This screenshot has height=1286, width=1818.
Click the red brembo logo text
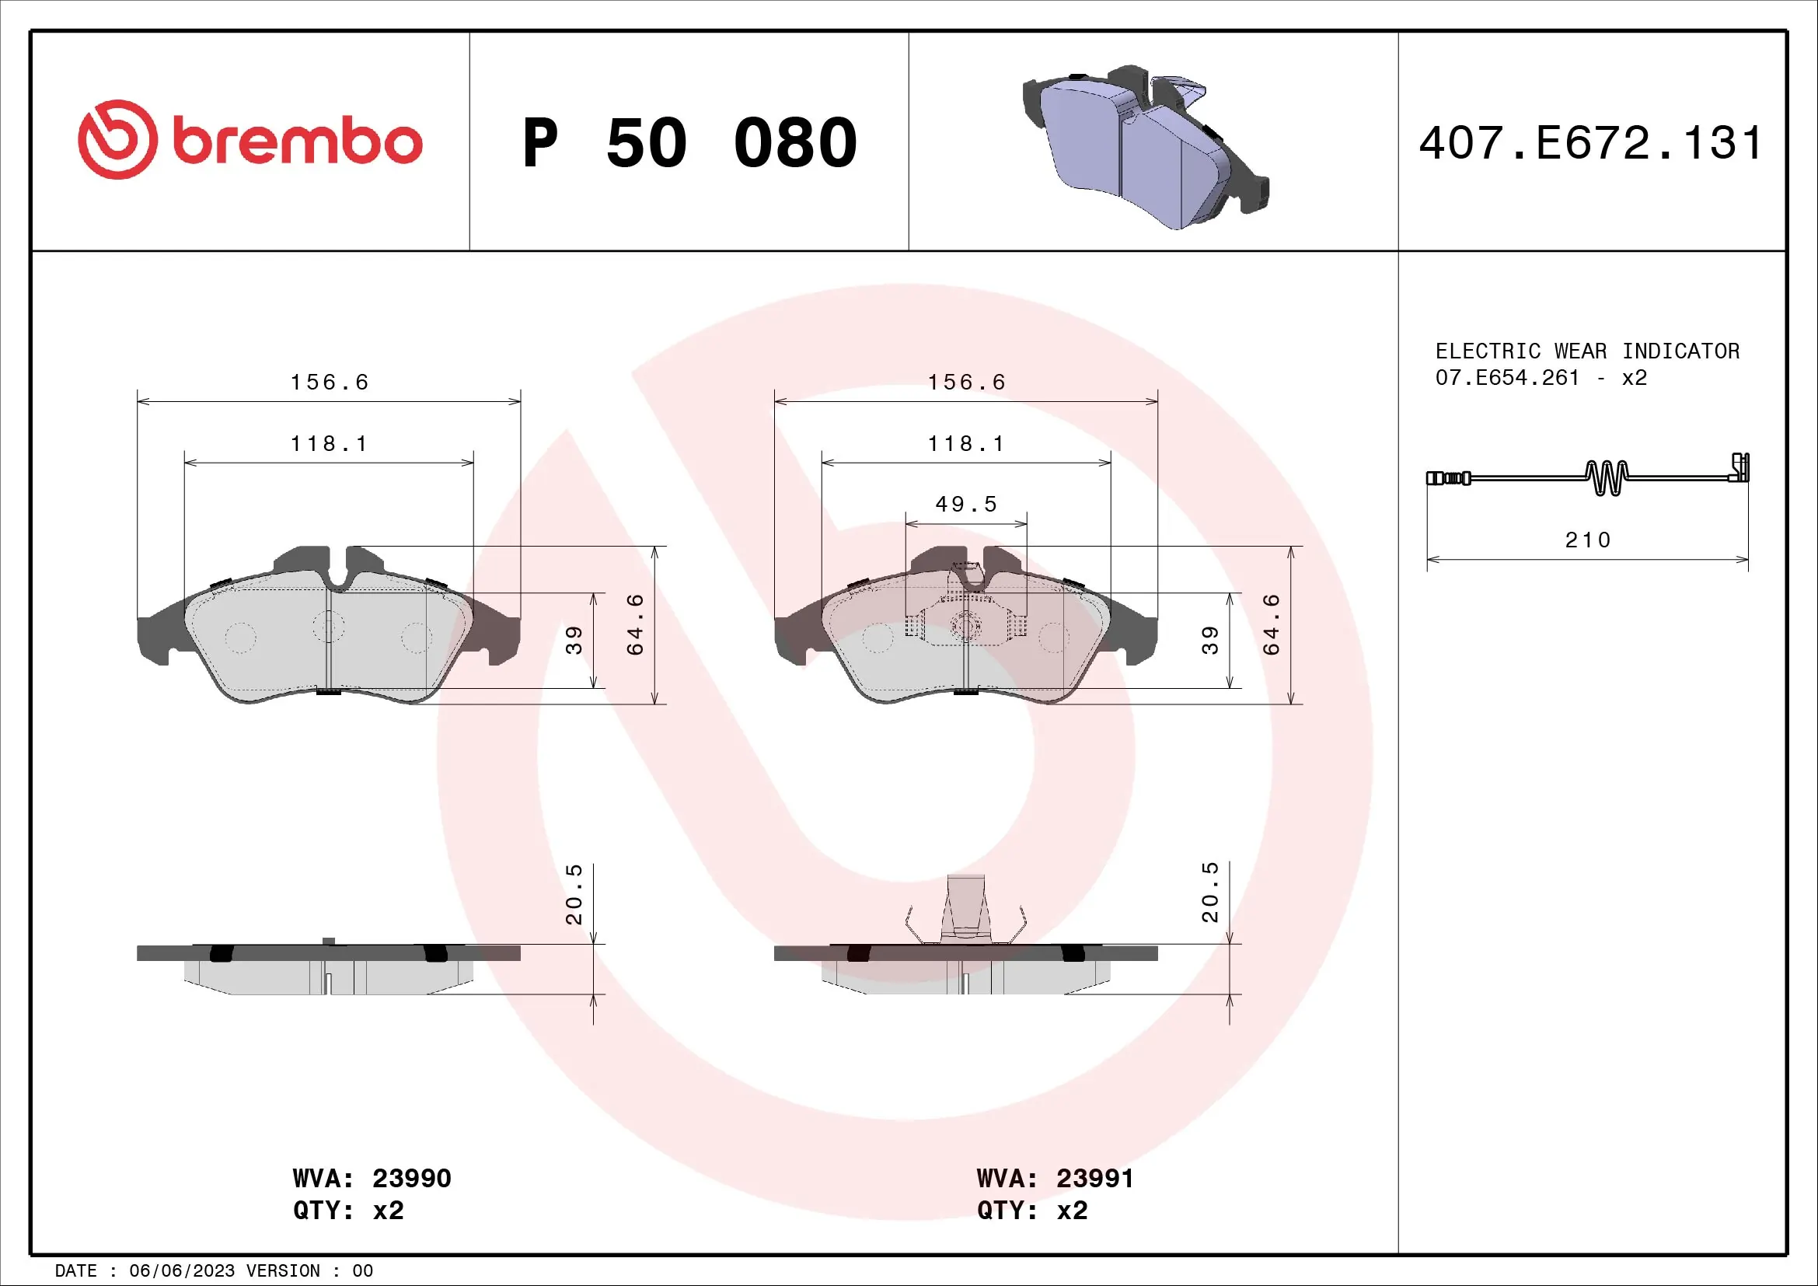[297, 142]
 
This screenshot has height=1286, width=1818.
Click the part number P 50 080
[689, 143]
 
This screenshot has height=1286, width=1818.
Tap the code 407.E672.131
[1590, 143]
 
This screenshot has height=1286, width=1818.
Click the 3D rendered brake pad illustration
[1145, 147]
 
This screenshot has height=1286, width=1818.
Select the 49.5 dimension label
[966, 505]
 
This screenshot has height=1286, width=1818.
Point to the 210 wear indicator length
[1588, 540]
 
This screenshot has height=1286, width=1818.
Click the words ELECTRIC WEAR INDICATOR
[1587, 351]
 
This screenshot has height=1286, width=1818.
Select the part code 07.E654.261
[1507, 378]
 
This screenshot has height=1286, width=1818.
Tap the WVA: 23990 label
[372, 1178]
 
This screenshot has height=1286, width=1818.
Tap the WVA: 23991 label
[1055, 1178]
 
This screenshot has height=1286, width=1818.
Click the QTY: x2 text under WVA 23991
[1031, 1211]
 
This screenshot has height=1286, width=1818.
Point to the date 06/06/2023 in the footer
[181, 1271]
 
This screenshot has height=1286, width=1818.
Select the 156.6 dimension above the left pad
[330, 383]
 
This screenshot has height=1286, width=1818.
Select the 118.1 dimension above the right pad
[966, 444]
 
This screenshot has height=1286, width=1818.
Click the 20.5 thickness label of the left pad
[574, 895]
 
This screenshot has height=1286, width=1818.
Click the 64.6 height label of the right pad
[1272, 625]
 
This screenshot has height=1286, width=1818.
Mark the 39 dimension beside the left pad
[574, 640]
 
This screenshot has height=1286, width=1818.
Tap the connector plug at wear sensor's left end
[1447, 478]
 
